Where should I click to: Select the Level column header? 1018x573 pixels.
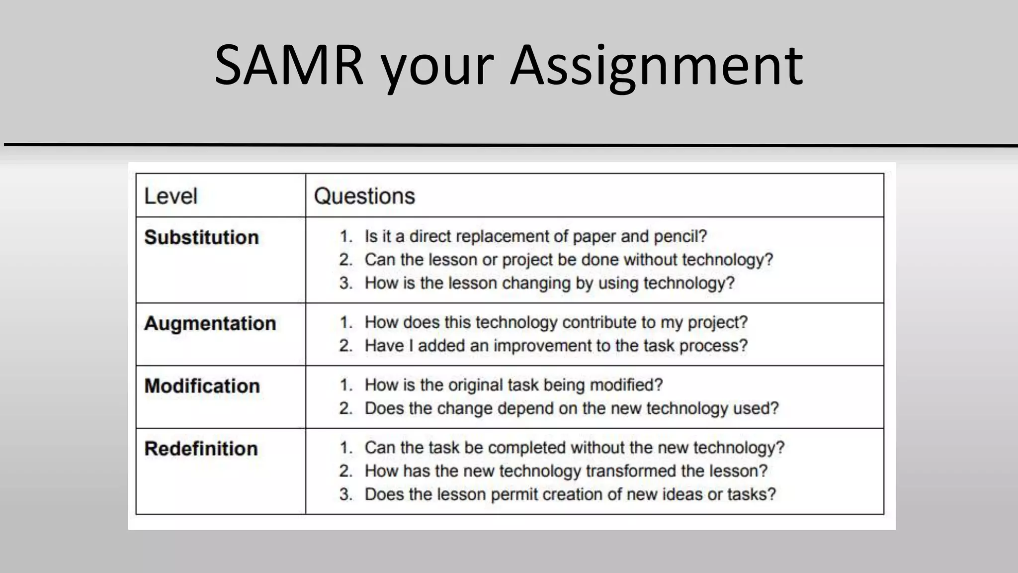(170, 196)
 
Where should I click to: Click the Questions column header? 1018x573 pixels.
(364, 196)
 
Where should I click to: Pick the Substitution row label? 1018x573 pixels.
(201, 237)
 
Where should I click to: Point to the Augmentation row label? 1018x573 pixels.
(210, 323)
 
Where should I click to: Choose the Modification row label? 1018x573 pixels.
(202, 386)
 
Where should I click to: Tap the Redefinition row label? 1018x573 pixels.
(201, 449)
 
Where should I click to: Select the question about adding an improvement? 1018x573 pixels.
(556, 346)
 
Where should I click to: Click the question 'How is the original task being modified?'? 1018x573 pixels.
(513, 385)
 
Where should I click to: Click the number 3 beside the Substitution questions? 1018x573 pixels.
(345, 283)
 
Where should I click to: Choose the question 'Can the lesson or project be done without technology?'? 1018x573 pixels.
(569, 260)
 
